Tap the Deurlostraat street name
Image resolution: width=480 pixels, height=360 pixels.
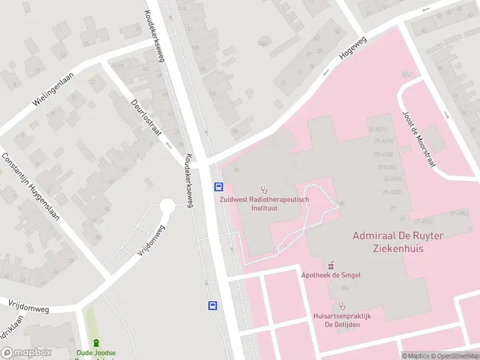147,118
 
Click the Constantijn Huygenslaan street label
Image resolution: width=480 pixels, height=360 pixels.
31,186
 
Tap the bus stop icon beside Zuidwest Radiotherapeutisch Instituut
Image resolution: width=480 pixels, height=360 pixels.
218,187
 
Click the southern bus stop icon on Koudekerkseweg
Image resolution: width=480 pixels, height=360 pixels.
212,305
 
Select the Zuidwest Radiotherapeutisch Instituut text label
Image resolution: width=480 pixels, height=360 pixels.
264,205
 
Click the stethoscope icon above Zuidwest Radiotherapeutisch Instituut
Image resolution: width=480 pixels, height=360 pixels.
264,190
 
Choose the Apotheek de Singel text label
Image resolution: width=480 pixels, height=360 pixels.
331,275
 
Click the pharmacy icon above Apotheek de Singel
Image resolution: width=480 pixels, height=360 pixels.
331,265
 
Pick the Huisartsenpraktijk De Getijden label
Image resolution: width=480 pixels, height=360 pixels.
343,320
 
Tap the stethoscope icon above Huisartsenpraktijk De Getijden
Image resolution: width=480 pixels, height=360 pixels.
343,305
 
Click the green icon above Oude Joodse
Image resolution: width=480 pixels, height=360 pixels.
96,343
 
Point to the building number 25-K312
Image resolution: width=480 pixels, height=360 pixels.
378,129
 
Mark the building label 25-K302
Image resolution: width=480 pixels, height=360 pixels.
388,192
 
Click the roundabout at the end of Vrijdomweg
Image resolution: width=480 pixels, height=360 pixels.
167,207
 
